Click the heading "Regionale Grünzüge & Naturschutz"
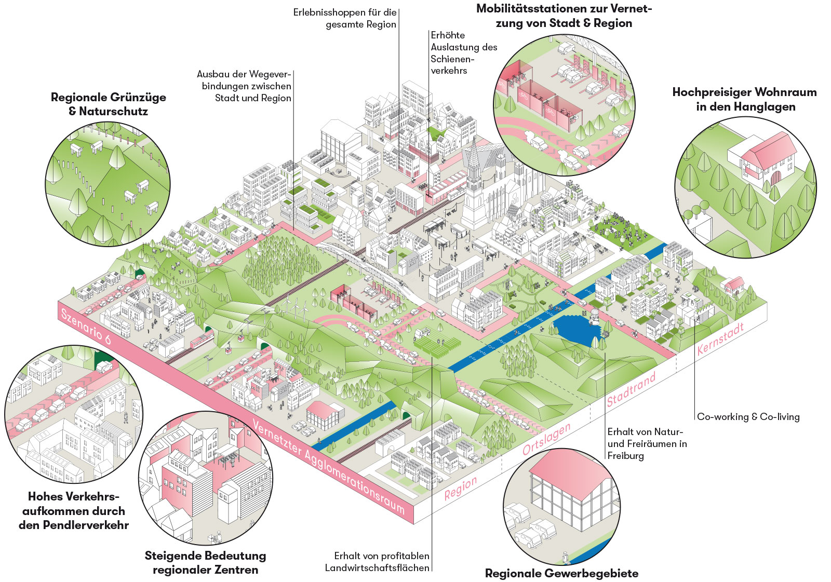point(108,104)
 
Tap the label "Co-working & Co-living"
point(748,416)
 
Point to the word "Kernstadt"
point(720,339)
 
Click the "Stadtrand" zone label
point(631,389)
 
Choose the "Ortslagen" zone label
point(546,439)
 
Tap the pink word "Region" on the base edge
point(461,488)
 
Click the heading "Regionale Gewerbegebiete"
point(561,573)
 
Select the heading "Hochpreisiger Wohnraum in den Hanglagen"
point(744,99)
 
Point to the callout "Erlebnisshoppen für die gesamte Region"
point(345,18)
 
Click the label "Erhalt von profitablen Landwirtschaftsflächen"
point(378,562)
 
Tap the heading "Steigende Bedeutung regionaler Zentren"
point(205,563)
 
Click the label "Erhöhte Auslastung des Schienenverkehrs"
point(463,53)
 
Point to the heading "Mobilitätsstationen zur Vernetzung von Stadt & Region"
point(564,16)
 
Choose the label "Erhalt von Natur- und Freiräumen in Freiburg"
point(647,443)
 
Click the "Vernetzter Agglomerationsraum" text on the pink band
point(328,467)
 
